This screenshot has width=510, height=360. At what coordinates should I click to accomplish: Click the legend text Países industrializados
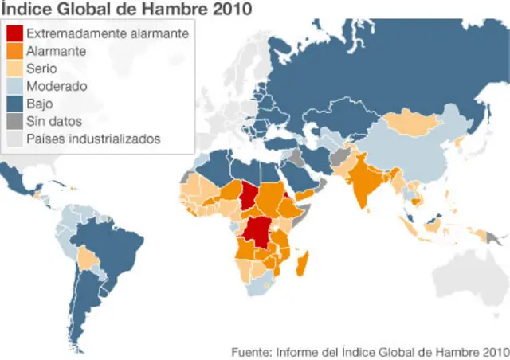(x=93, y=139)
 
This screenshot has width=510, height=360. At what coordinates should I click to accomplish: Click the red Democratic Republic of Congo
(x=259, y=231)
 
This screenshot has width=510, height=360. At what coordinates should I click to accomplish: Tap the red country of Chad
(x=251, y=194)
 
